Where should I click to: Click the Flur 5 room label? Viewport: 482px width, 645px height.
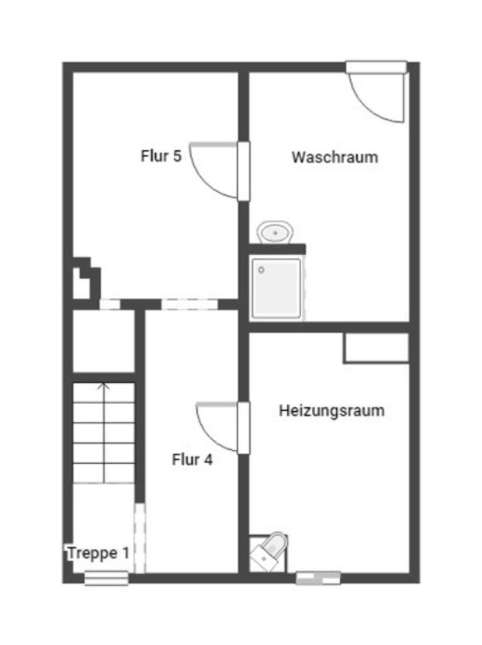tap(161, 155)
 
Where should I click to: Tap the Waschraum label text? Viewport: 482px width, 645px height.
tap(335, 157)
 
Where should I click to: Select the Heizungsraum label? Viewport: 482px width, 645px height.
tap(331, 410)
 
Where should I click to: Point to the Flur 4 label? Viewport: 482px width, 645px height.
tap(192, 459)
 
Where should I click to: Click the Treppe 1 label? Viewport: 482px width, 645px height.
tap(98, 553)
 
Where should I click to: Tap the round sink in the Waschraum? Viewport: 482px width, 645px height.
tap(275, 232)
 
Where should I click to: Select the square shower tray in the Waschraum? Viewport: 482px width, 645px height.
tap(276, 287)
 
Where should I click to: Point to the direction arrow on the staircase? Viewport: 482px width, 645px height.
tap(104, 386)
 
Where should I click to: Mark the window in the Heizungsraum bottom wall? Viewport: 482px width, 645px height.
tap(318, 577)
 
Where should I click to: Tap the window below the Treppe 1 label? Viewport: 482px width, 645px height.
tap(106, 577)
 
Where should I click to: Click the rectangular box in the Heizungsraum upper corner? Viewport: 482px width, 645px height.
tap(376, 347)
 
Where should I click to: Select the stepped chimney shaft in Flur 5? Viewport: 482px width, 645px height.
tap(84, 279)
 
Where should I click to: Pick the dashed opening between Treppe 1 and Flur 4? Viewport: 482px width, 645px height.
tap(140, 538)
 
